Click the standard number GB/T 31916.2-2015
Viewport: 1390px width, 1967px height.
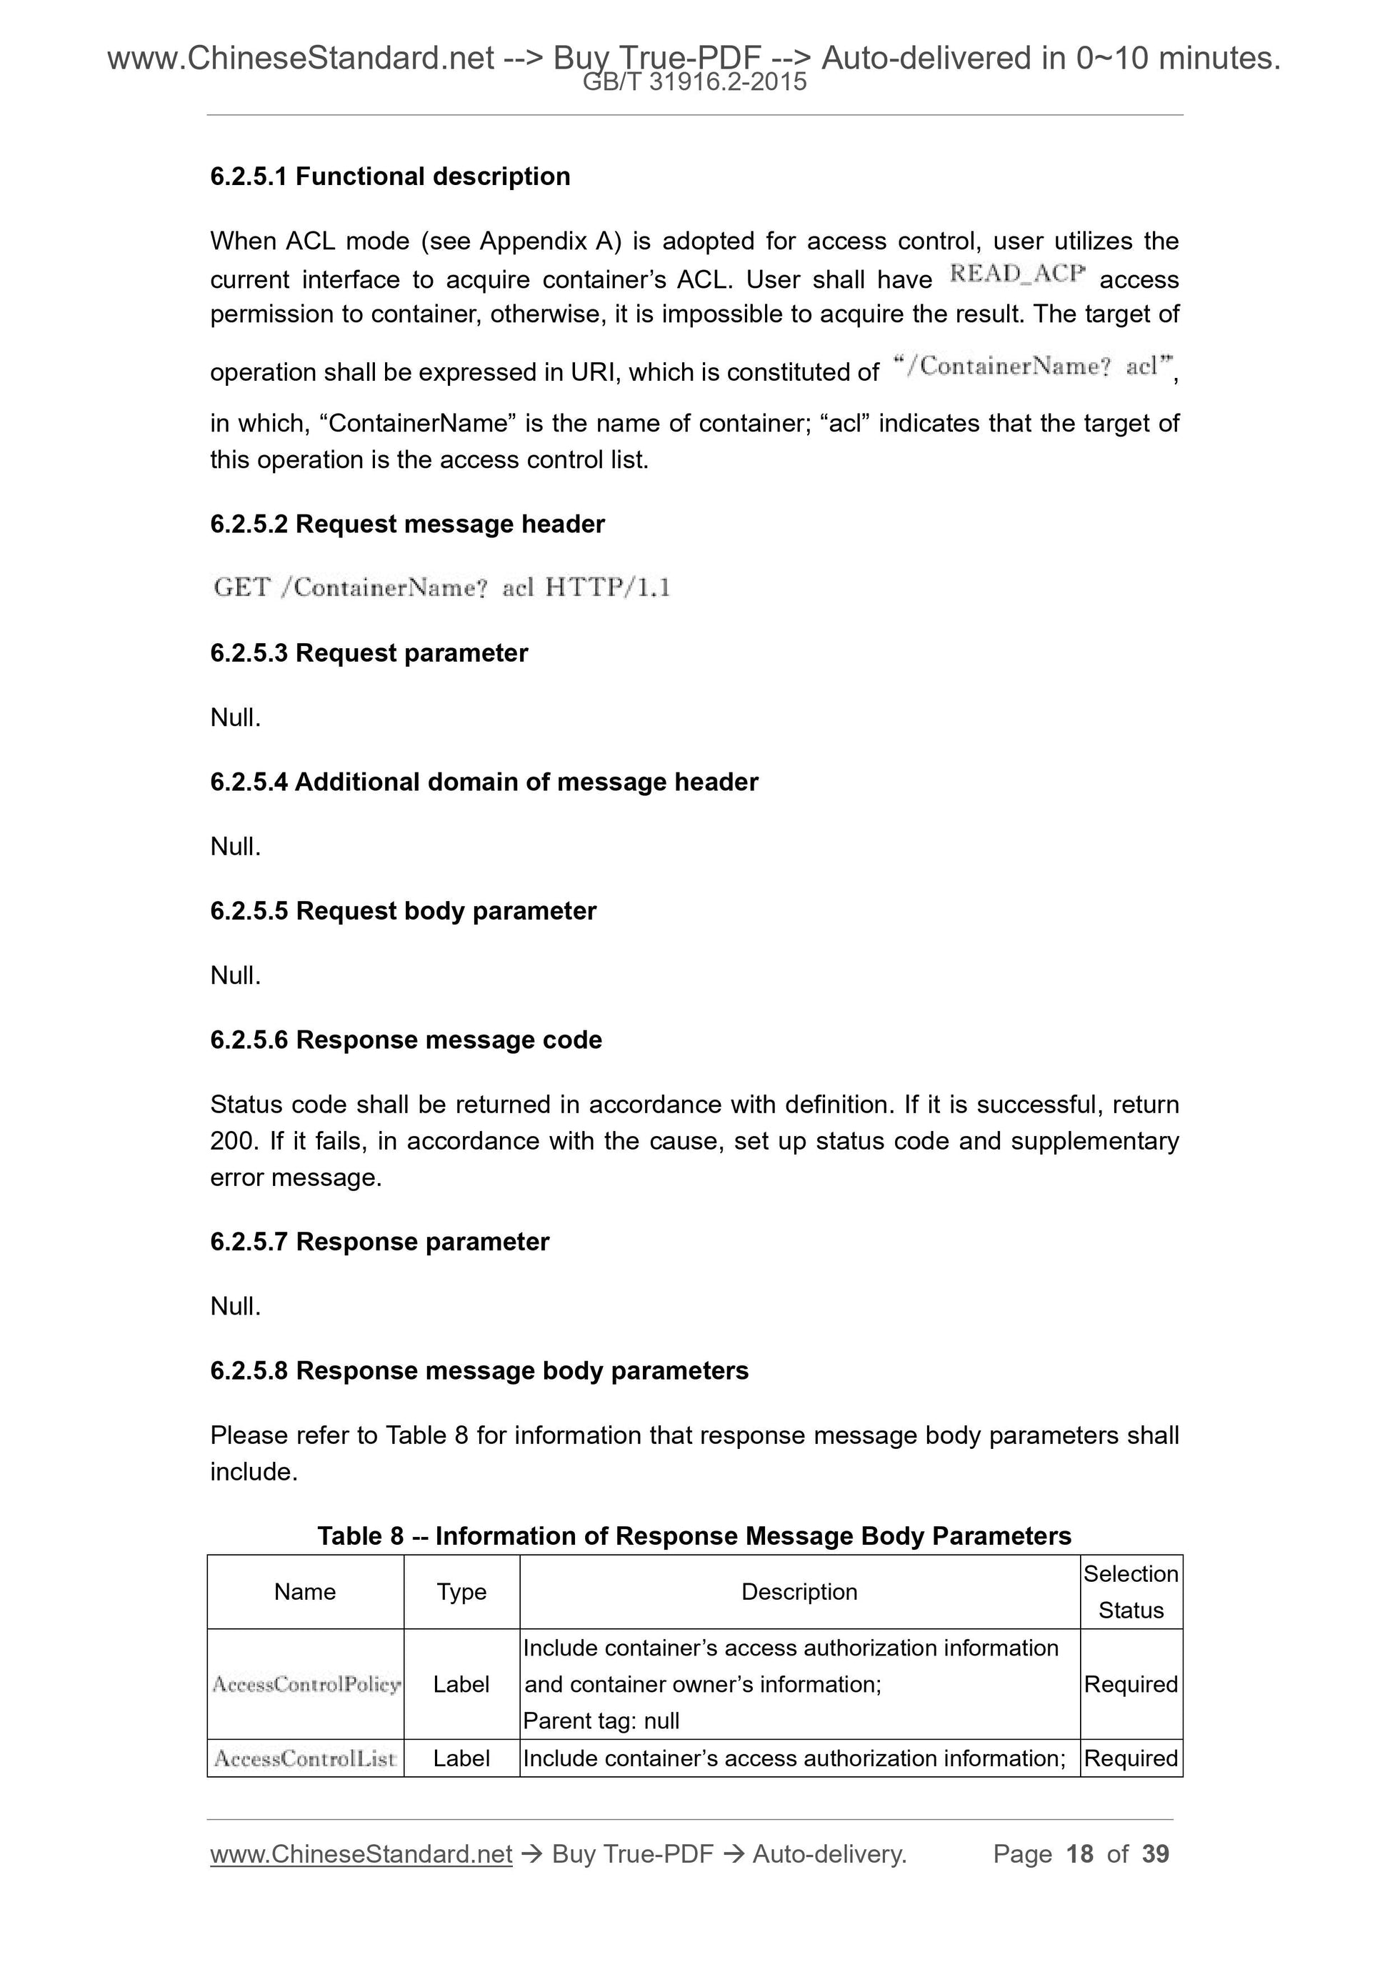tap(694, 82)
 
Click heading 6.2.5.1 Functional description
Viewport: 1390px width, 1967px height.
tap(390, 176)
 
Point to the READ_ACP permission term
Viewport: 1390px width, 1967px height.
tap(1016, 274)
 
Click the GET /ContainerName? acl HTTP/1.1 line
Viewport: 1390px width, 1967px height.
tap(441, 588)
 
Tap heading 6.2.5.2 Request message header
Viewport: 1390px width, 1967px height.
tap(407, 524)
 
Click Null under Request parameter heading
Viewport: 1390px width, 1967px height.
tap(235, 718)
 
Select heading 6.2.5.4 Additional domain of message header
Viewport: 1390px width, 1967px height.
tap(484, 782)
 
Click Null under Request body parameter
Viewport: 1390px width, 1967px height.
tap(235, 976)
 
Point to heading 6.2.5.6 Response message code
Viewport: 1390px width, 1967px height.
tap(406, 1040)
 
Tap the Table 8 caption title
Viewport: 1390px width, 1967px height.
tap(694, 1536)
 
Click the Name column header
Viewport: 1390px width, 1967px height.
tap(305, 1592)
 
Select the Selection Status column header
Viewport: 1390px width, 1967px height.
tap(1131, 1592)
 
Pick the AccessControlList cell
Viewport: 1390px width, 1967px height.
tap(305, 1759)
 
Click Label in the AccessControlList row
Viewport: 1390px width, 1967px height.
tap(461, 1759)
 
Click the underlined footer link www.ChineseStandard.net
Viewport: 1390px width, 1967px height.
tap(361, 1854)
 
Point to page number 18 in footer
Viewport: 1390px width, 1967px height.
tap(1079, 1854)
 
